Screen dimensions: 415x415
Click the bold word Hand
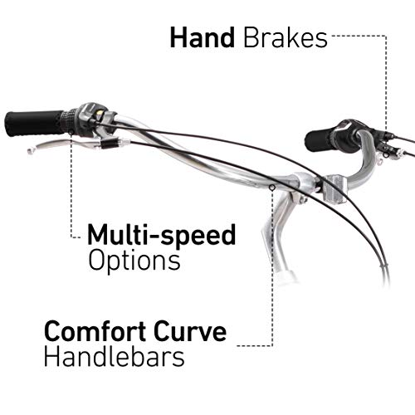coord(203,37)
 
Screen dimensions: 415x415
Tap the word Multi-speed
coord(162,235)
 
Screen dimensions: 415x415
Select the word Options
coord(134,261)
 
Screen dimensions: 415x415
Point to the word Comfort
coord(95,331)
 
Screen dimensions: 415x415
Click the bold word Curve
coord(190,331)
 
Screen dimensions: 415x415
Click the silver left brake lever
coord(64,144)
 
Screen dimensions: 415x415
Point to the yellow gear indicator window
coord(100,113)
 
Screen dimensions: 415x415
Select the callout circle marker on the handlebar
coord(272,188)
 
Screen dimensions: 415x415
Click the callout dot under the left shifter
coord(71,132)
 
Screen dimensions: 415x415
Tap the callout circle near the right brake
coord(386,155)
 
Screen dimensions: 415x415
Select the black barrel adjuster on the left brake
coord(110,144)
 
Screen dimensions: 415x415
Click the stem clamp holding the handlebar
coord(299,182)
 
